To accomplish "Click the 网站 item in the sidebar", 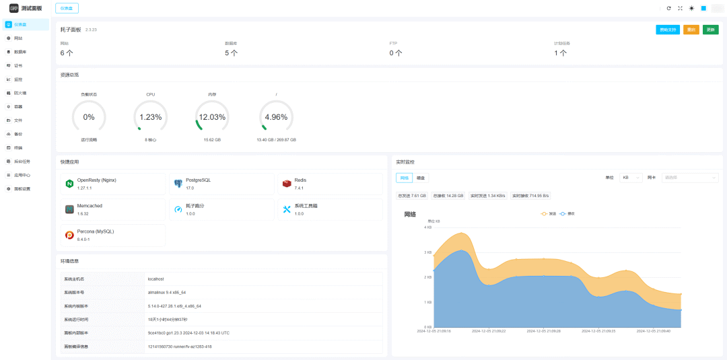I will tap(18, 38).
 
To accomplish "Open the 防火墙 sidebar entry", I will tap(20, 93).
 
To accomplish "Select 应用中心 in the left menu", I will tap(22, 175).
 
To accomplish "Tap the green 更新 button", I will tap(710, 30).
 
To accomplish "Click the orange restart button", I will tap(691, 30).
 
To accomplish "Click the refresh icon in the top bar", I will tap(668, 8).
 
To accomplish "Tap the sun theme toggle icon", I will tap(691, 8).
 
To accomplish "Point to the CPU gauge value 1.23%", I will tap(151, 117).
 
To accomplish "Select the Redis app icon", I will tap(287, 184).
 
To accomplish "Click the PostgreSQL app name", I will tap(199, 180).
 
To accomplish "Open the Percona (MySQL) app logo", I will tap(69, 235).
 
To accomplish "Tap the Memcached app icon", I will tap(69, 209).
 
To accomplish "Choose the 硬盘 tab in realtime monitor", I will tap(421, 178).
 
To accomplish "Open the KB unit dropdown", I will tap(631, 178).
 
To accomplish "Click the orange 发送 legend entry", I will tap(549, 213).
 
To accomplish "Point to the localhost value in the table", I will tap(155, 279).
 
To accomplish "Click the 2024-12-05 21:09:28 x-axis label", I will tap(544, 331).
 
